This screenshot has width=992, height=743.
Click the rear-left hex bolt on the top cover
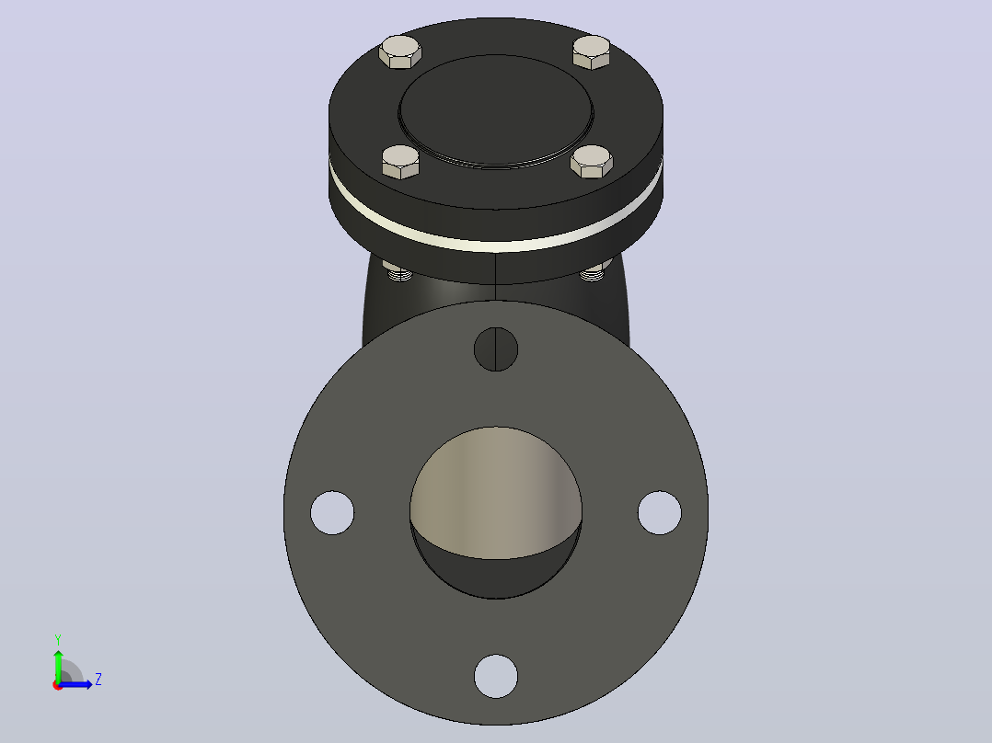click(400, 51)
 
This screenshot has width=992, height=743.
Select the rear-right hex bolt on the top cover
click(592, 51)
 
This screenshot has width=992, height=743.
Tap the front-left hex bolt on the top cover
click(400, 162)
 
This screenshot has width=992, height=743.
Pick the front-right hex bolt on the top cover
click(592, 162)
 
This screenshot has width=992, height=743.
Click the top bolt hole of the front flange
click(496, 349)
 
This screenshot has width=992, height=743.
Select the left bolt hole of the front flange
click(332, 513)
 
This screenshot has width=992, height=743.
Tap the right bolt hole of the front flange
click(659, 513)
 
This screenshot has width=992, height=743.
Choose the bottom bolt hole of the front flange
click(496, 677)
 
